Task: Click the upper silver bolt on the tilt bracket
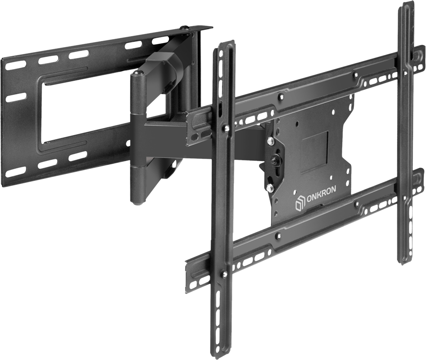271,142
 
